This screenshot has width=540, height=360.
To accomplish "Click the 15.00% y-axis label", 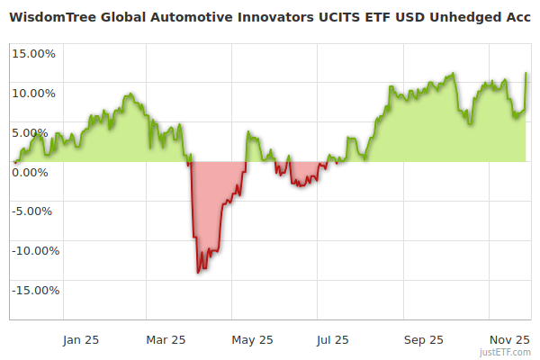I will point(33,53).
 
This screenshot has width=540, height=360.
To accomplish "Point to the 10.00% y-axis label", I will point(33,93).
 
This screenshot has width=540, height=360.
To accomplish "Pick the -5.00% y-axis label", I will point(34,211).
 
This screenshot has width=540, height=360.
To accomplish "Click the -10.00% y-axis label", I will point(32,251).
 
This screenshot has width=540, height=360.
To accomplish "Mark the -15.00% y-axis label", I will point(32,291).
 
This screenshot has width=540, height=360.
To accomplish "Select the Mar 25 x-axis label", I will point(166,340).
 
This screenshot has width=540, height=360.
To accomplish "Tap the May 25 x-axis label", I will point(253,340).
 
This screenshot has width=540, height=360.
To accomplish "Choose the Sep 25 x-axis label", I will point(423,340).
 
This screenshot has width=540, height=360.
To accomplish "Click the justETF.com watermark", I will point(511,353).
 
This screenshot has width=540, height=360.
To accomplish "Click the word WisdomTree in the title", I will point(54,16).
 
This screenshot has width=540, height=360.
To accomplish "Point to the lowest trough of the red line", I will point(198,273).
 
